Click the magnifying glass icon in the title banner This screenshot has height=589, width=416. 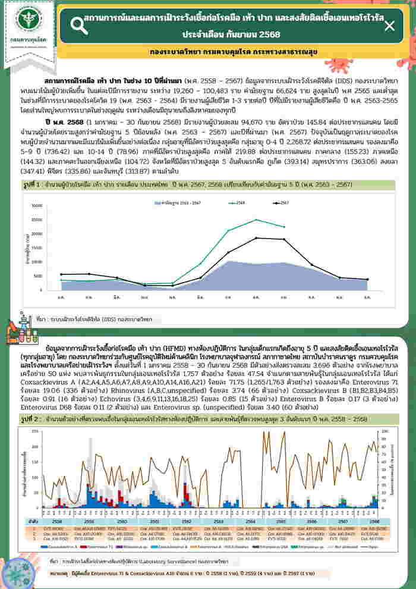[78, 24]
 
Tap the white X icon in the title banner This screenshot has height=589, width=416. [389, 26]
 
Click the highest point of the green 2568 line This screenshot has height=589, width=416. [256, 220]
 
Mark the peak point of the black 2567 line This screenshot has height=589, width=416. [256, 238]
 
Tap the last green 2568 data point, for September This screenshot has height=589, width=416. [284, 227]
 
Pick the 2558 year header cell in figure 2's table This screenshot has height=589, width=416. [58, 519]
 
